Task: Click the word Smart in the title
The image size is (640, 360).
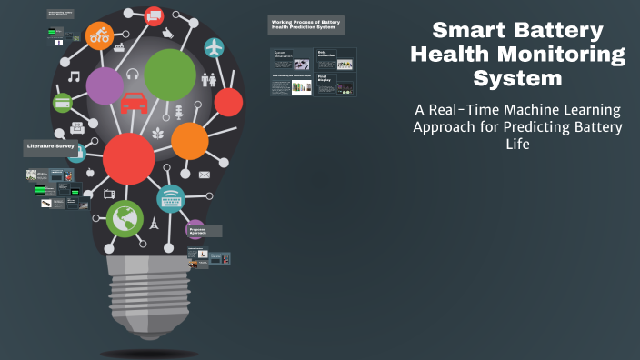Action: pos(469,31)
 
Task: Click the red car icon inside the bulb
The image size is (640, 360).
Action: pos(135,102)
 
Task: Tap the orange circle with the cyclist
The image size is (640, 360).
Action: pos(98,35)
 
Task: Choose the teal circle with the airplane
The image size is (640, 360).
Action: pos(214,47)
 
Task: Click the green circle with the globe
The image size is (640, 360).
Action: pos(125,218)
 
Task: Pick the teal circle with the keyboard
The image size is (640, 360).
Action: pos(171,198)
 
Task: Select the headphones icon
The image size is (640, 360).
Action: pos(133,75)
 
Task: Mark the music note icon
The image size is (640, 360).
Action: pos(74,76)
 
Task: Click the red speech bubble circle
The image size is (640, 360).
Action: pos(154,15)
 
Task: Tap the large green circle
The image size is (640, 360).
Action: pos(170,75)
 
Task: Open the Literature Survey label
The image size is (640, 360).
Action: pos(51,146)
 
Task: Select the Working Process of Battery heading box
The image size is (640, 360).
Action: pos(305,25)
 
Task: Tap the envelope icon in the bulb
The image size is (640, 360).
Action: pos(205,174)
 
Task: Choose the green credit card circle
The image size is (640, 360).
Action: pos(63,103)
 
